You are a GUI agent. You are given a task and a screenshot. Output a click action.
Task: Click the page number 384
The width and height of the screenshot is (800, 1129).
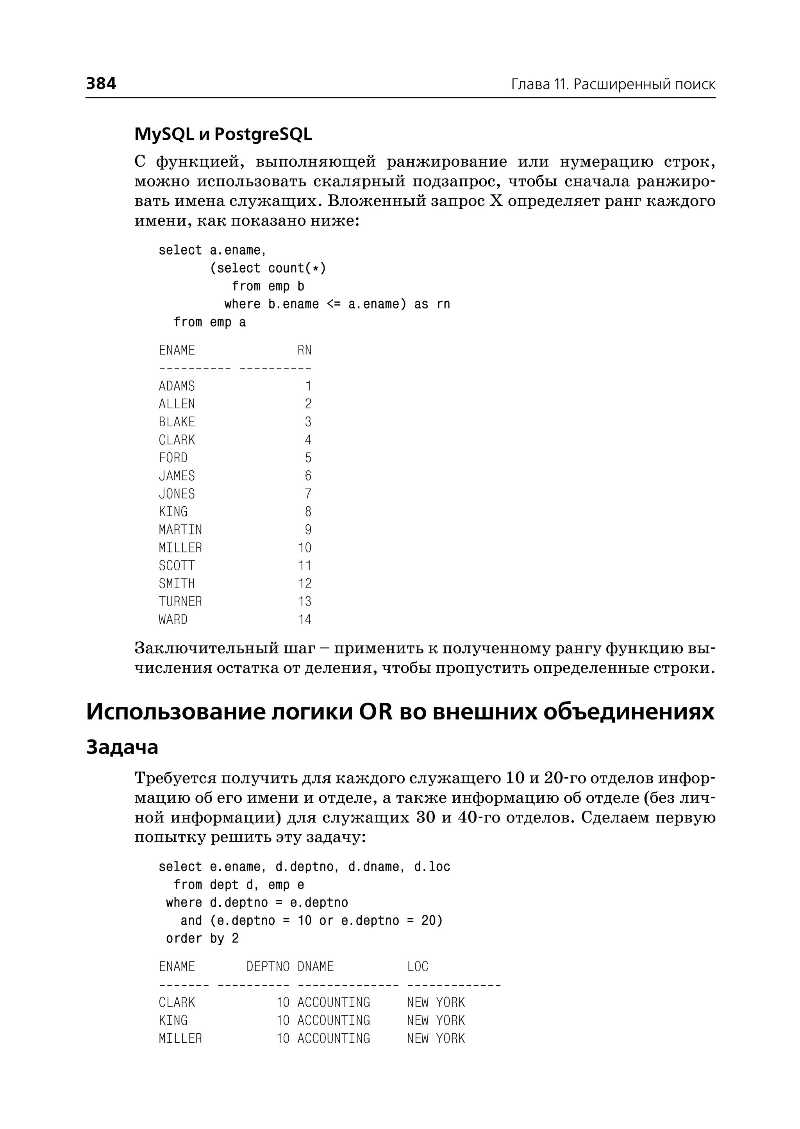pyautogui.click(x=101, y=83)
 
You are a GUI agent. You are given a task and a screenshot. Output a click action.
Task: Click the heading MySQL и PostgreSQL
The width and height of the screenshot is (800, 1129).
pyautogui.click(x=223, y=134)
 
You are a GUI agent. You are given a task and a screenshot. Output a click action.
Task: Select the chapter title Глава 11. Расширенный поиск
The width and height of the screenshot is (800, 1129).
pyautogui.click(x=613, y=84)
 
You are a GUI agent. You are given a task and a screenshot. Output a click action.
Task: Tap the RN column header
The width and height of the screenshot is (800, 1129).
pyautogui.click(x=304, y=350)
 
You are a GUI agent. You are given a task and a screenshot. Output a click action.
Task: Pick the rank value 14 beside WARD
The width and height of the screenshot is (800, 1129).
pyautogui.click(x=304, y=620)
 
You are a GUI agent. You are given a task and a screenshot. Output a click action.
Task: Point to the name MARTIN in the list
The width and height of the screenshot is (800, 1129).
pyautogui.click(x=180, y=530)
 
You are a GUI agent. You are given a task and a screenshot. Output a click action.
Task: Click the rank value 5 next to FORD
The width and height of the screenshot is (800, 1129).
pyautogui.click(x=308, y=458)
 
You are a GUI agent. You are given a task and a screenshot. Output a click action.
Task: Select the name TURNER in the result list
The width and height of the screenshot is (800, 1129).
pyautogui.click(x=180, y=602)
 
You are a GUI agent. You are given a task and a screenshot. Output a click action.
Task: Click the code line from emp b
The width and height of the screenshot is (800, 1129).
pyautogui.click(x=268, y=286)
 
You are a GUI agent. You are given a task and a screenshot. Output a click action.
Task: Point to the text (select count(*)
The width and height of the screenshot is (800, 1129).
pyautogui.click(x=268, y=268)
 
